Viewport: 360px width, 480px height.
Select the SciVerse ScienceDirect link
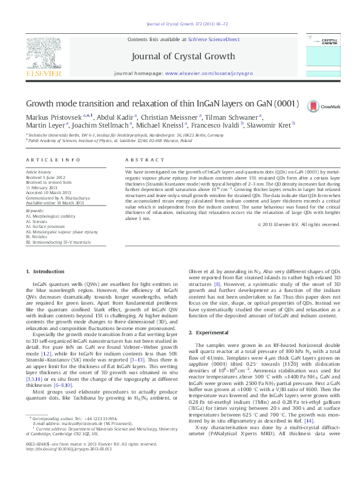click(214, 39)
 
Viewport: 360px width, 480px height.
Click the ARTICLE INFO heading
click(53, 159)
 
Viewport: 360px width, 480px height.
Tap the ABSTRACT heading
click(140, 159)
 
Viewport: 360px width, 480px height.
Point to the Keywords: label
click(35, 211)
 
